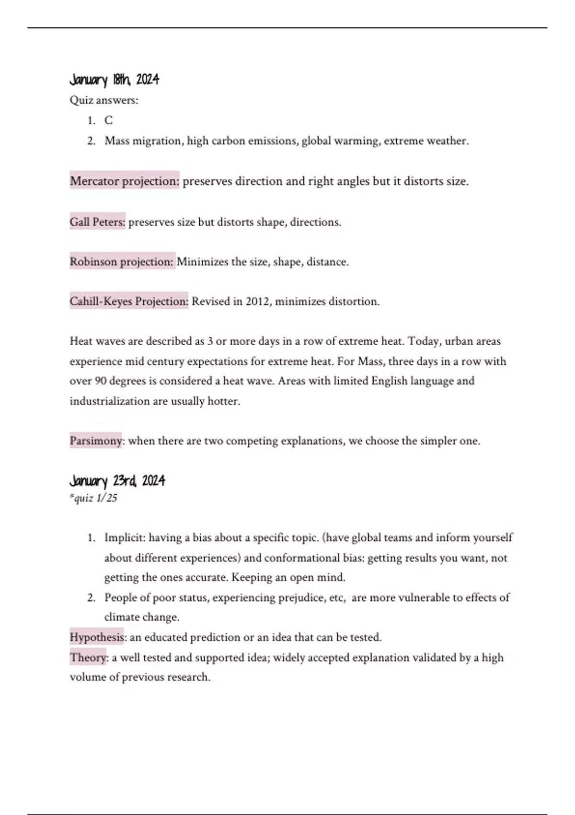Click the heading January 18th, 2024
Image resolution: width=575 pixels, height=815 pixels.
[x=114, y=80]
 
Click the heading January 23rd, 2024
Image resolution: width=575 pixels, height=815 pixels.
[x=117, y=480]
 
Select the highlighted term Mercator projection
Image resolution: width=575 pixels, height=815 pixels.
[x=125, y=181]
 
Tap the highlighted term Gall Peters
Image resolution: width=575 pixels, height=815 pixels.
[x=97, y=222]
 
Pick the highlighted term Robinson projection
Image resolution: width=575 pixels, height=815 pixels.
[x=122, y=262]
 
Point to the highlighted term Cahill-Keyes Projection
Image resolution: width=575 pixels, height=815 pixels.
[x=129, y=302]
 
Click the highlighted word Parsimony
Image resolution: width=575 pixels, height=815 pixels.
[x=96, y=441]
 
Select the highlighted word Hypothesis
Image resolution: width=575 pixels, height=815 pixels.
[x=97, y=637]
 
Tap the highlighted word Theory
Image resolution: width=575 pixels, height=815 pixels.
[x=88, y=657]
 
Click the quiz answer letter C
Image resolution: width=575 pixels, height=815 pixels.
[x=109, y=120]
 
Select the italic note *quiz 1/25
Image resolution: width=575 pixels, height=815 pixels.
[x=93, y=498]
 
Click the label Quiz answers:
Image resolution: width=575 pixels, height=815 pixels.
[x=104, y=100]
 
